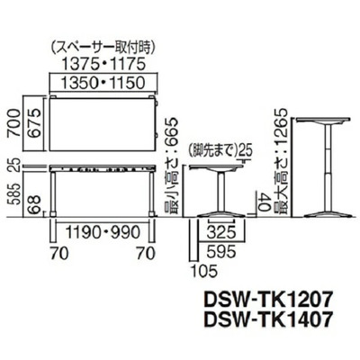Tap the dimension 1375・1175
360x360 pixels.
click(97, 65)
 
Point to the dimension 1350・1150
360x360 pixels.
click(97, 83)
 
